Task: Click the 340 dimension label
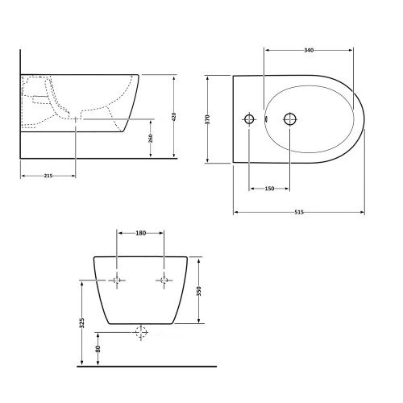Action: (309, 50)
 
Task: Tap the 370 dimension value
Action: (207, 119)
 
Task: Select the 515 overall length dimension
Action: (299, 212)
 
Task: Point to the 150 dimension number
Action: (269, 189)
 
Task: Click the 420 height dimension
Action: (173, 117)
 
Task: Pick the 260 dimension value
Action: (151, 139)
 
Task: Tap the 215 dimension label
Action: (48, 176)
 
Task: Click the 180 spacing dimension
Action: (140, 233)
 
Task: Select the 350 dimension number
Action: (199, 291)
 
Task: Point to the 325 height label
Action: (82, 323)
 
